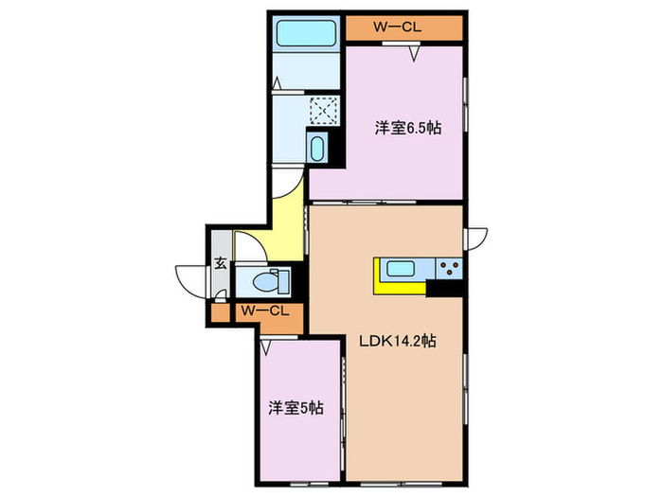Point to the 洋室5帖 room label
click(x=296, y=408)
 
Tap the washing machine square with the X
click(x=324, y=112)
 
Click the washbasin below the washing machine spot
click(x=316, y=148)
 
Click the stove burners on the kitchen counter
click(x=448, y=267)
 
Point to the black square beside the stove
click(x=446, y=288)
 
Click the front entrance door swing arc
click(x=187, y=280)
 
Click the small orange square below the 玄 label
click(x=220, y=311)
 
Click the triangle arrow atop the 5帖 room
click(x=268, y=346)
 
